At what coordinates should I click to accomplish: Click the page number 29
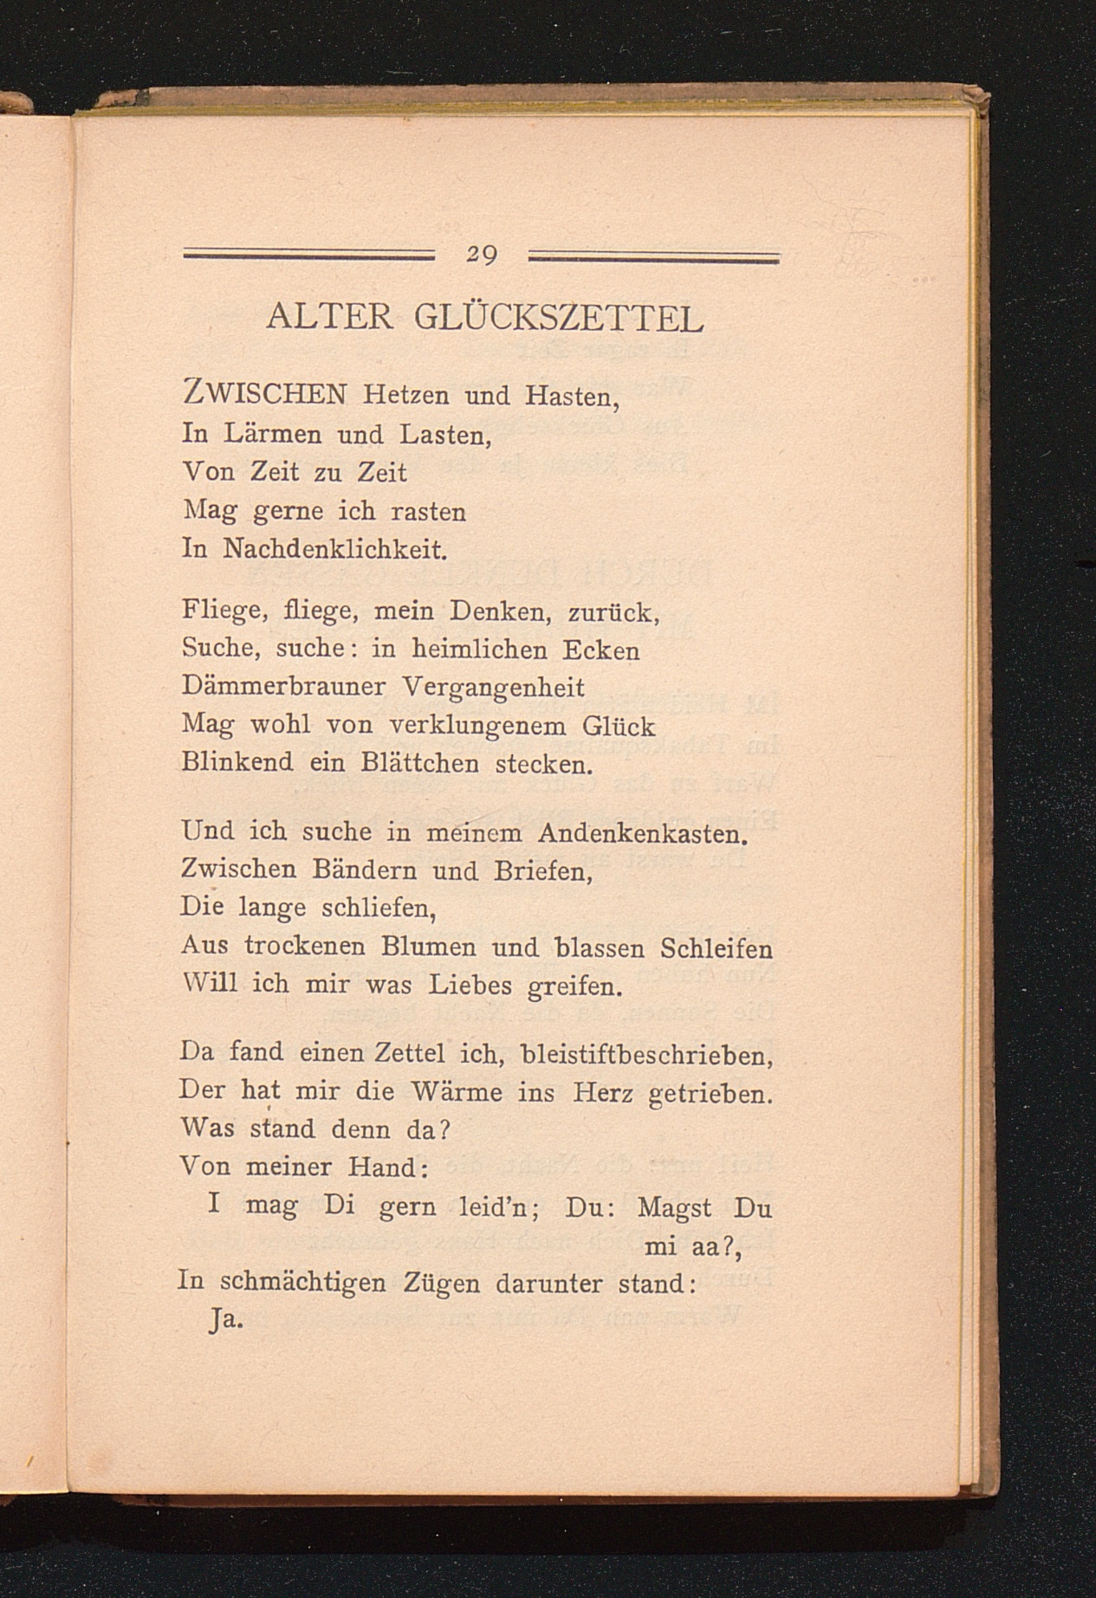[481, 255]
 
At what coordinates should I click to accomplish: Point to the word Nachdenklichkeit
[334, 549]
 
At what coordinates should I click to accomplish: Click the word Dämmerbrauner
[284, 687]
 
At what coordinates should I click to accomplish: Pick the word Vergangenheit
[494, 688]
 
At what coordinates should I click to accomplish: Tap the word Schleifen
[716, 948]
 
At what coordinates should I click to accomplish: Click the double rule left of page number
[309, 256]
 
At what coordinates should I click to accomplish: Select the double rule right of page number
[654, 256]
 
